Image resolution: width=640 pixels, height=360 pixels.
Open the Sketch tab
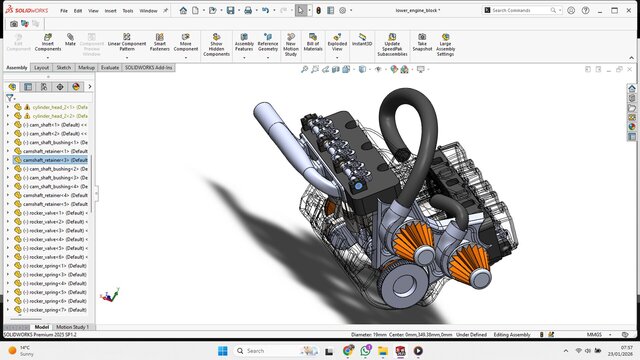(63, 67)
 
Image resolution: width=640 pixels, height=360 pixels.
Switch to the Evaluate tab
(110, 67)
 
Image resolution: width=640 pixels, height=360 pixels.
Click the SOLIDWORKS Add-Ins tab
(148, 67)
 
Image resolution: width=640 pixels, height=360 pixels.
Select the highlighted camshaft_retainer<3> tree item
(58, 160)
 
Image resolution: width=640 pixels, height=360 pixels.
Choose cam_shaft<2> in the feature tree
(54, 134)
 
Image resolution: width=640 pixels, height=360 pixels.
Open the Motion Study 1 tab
(74, 327)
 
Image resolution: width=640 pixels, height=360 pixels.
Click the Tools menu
(127, 10)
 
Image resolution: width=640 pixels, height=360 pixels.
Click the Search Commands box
(525, 10)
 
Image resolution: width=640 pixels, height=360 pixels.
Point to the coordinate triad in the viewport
(112, 297)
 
